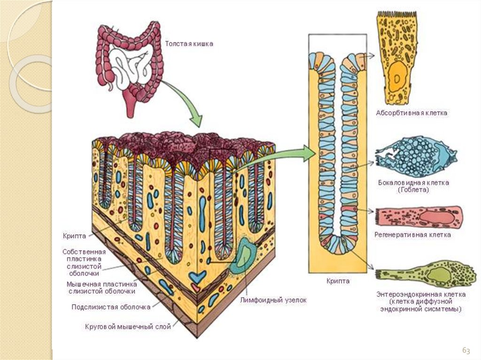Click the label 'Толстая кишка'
click(x=189, y=44)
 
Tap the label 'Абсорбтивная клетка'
click(x=411, y=113)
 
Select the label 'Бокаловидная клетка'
click(x=413, y=182)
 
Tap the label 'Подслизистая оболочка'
click(x=111, y=307)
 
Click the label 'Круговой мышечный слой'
click(x=127, y=326)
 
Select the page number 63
click(x=466, y=350)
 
